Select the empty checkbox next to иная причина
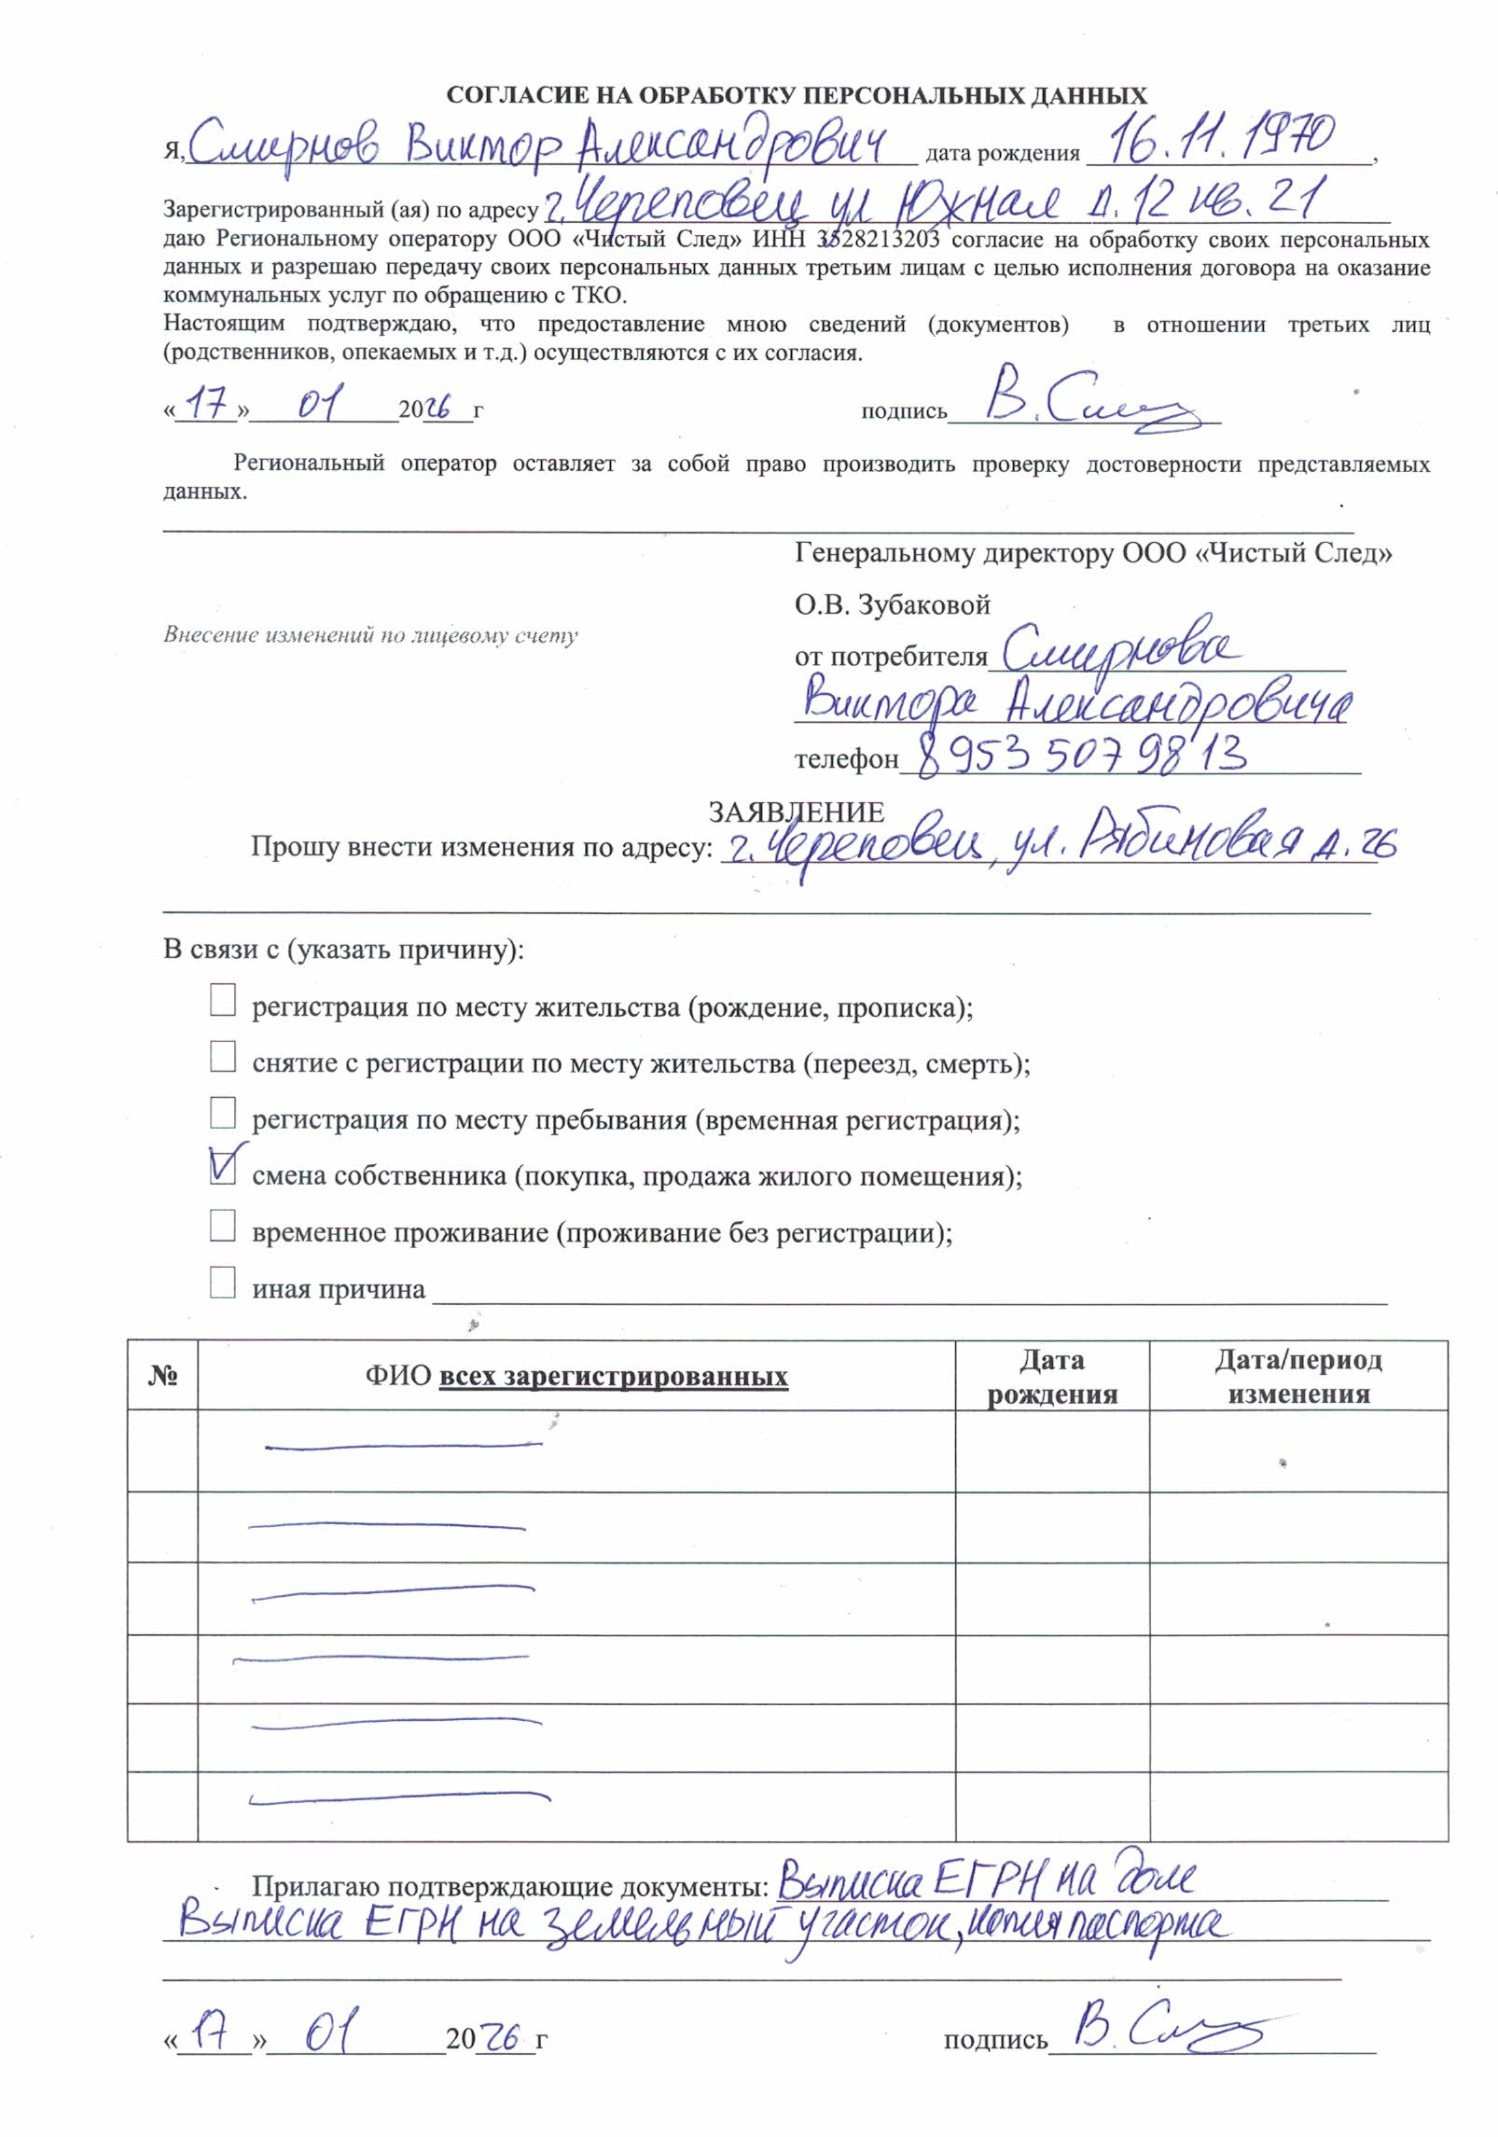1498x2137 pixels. click(x=223, y=1283)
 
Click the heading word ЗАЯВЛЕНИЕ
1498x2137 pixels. click(x=796, y=812)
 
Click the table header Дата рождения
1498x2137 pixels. click(x=1052, y=1377)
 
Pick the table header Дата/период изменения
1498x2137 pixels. click(x=1297, y=1377)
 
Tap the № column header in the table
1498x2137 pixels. click(x=162, y=1377)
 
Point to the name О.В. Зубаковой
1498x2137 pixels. click(x=892, y=605)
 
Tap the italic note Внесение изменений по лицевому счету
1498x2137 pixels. click(x=370, y=636)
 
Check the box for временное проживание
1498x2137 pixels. click(x=223, y=1226)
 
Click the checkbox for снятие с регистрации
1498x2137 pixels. click(x=223, y=1057)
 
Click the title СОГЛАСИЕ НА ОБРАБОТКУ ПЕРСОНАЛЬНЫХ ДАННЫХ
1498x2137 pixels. click(x=797, y=95)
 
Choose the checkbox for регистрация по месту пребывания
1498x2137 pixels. click(x=223, y=1113)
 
